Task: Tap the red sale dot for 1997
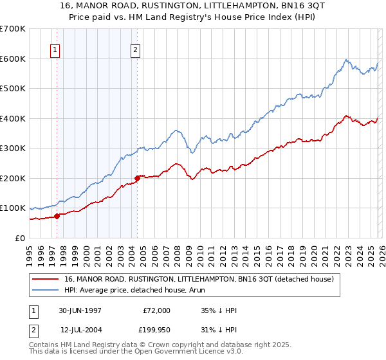point(57,216)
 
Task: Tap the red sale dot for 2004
point(137,178)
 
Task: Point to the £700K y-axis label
point(13,29)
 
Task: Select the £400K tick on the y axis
point(13,118)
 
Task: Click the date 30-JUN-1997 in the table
point(80,310)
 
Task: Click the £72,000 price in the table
point(156,310)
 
